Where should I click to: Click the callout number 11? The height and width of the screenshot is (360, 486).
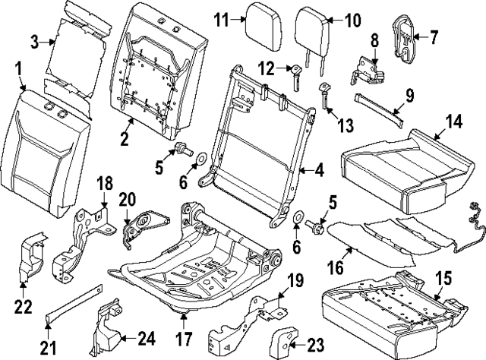pyautogui.click(x=222, y=21)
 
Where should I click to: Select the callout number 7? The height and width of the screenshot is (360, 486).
pyautogui.click(x=434, y=37)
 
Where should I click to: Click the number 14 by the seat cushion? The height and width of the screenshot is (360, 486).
pyautogui.click(x=453, y=122)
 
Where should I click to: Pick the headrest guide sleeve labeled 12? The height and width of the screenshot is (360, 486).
pyautogui.click(x=295, y=77)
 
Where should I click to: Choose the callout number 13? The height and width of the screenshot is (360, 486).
pyautogui.click(x=346, y=125)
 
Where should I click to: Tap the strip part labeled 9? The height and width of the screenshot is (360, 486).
pyautogui.click(x=380, y=110)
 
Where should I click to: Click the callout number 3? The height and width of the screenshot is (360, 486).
pyautogui.click(x=35, y=43)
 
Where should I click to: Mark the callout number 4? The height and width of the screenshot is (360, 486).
pyautogui.click(x=319, y=170)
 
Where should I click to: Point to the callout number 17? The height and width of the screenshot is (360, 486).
pyautogui.click(x=184, y=339)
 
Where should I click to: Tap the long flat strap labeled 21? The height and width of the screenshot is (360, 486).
pyautogui.click(x=74, y=300)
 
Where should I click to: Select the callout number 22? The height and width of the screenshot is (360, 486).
pyautogui.click(x=24, y=307)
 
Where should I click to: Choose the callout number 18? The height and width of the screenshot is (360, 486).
pyautogui.click(x=106, y=183)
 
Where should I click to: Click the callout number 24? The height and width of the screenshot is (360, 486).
pyautogui.click(x=147, y=339)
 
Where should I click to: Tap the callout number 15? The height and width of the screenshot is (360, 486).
pyautogui.click(x=443, y=278)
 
